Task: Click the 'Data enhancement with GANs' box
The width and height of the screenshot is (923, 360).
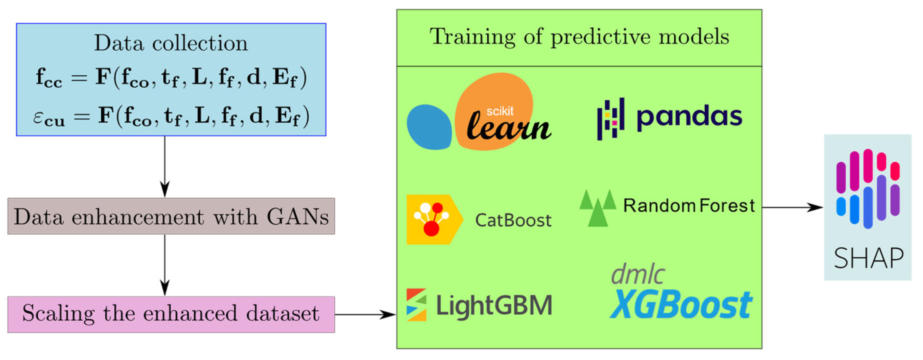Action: click(x=171, y=217)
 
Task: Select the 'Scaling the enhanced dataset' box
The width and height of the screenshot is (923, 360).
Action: click(x=171, y=314)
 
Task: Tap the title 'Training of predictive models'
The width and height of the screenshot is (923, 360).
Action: click(x=579, y=37)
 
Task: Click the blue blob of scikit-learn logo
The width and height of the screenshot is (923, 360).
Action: click(x=429, y=127)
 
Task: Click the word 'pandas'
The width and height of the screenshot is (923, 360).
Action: click(x=689, y=117)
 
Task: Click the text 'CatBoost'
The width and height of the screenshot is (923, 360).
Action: click(x=513, y=220)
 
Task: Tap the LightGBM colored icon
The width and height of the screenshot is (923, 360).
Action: click(x=416, y=305)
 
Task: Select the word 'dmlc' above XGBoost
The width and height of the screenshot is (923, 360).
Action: click(x=638, y=274)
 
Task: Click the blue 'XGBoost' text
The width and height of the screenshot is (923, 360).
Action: click(x=681, y=305)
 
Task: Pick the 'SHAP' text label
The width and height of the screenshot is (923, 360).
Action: click(x=868, y=258)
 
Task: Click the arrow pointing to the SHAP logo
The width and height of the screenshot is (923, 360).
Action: click(x=792, y=207)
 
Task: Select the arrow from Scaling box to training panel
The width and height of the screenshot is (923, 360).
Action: click(x=366, y=315)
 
